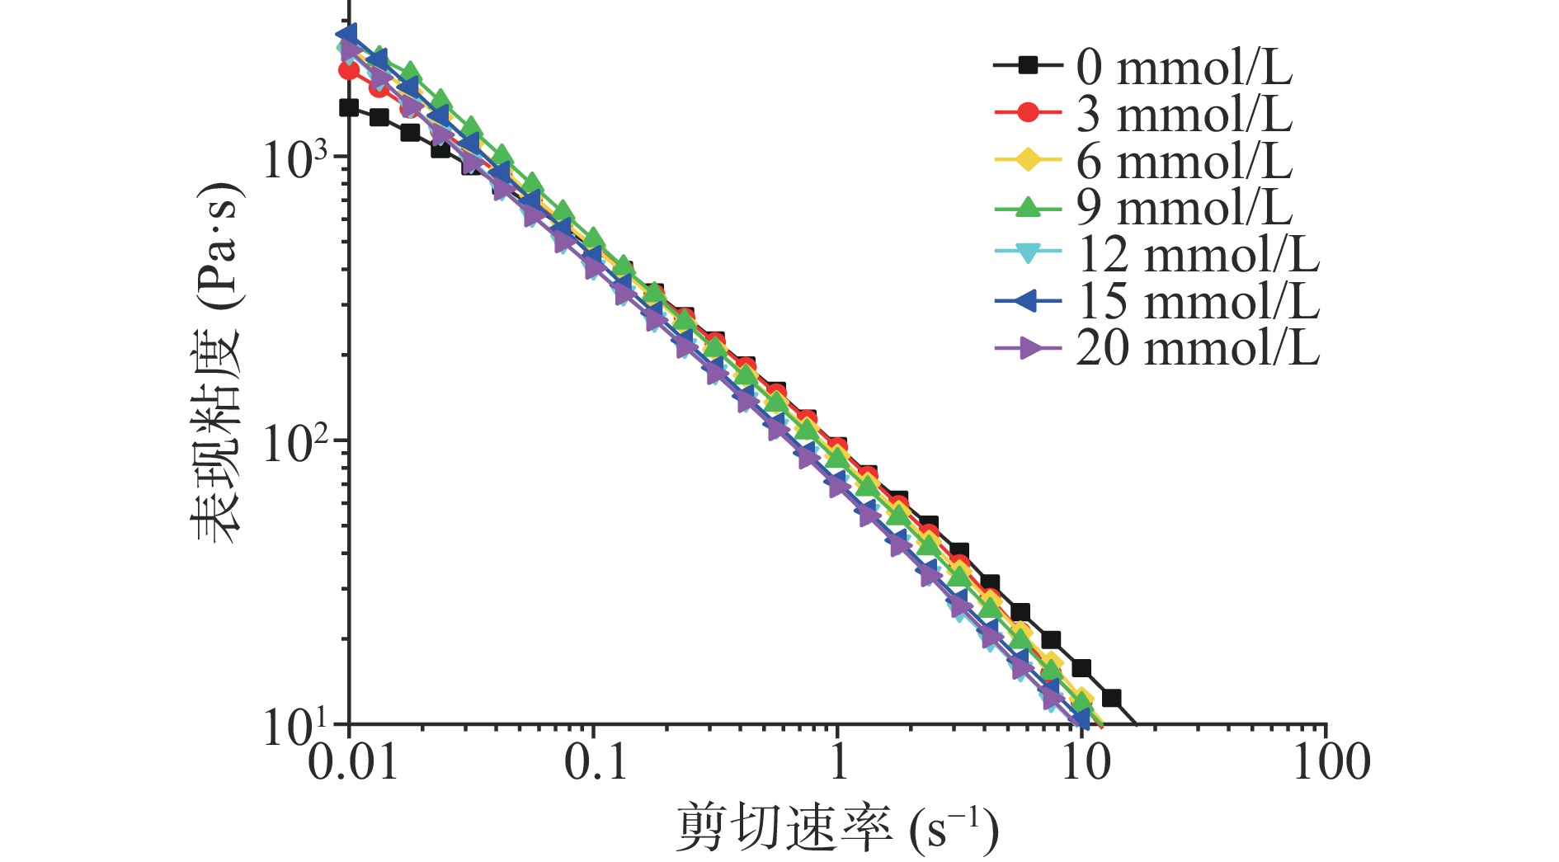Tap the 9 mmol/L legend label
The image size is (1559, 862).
pyautogui.click(x=1184, y=207)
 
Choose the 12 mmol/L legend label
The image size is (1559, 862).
pyautogui.click(x=1198, y=254)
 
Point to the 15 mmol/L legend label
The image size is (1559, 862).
pyautogui.click(x=1198, y=301)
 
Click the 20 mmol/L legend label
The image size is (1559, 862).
pyautogui.click(x=1198, y=348)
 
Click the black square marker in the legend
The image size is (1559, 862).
pyautogui.click(x=1028, y=65)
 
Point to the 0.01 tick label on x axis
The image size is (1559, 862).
pyautogui.click(x=352, y=761)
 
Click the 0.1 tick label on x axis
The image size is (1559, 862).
pyautogui.click(x=596, y=761)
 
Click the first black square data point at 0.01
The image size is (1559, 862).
pyautogui.click(x=349, y=107)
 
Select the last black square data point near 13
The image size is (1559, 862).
pyautogui.click(x=1111, y=699)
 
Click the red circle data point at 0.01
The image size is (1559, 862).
pyautogui.click(x=349, y=70)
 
